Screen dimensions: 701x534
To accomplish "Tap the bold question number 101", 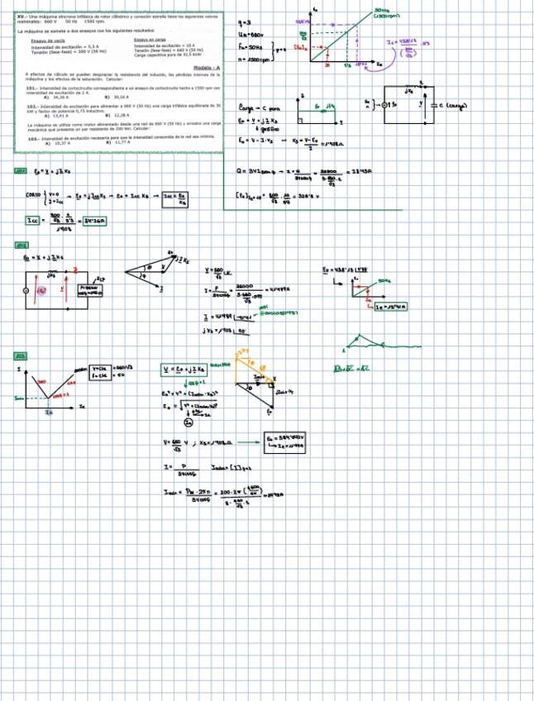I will pos(31,86).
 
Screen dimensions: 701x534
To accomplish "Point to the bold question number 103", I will pos(31,138).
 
